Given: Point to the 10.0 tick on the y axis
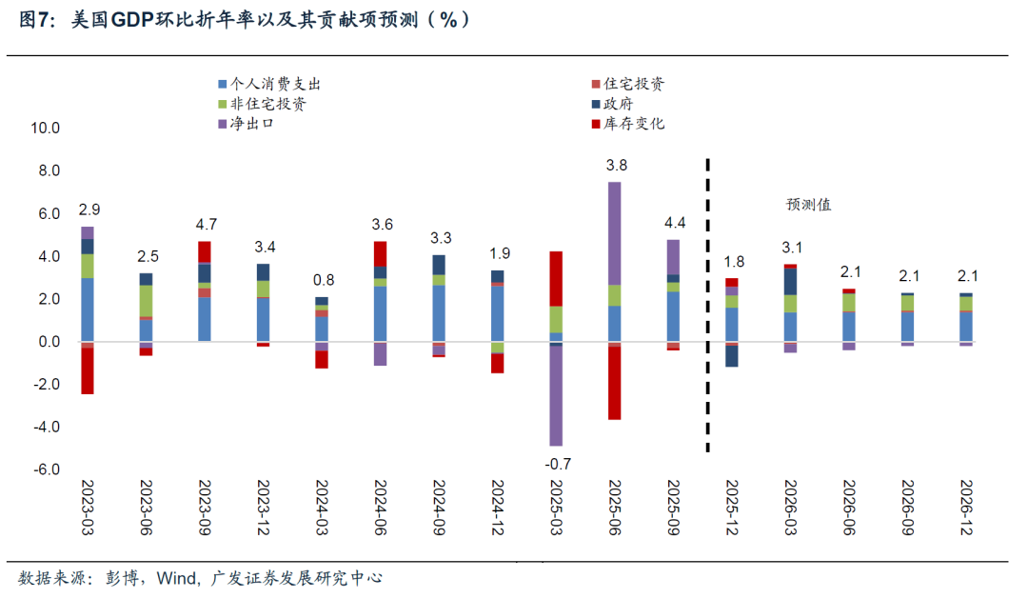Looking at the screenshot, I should coord(45,129).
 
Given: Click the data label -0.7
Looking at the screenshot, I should coord(558,464).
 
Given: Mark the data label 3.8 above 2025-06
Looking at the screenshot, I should coord(617,165).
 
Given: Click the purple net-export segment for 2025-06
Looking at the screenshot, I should coord(614,233).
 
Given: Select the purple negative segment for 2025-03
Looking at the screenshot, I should coord(556,395).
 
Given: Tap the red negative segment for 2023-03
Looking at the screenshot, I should coord(88,371).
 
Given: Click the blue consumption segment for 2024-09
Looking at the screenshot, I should coord(439,313).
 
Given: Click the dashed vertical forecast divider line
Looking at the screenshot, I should coord(707,305).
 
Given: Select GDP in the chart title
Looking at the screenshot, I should coord(134,20).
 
